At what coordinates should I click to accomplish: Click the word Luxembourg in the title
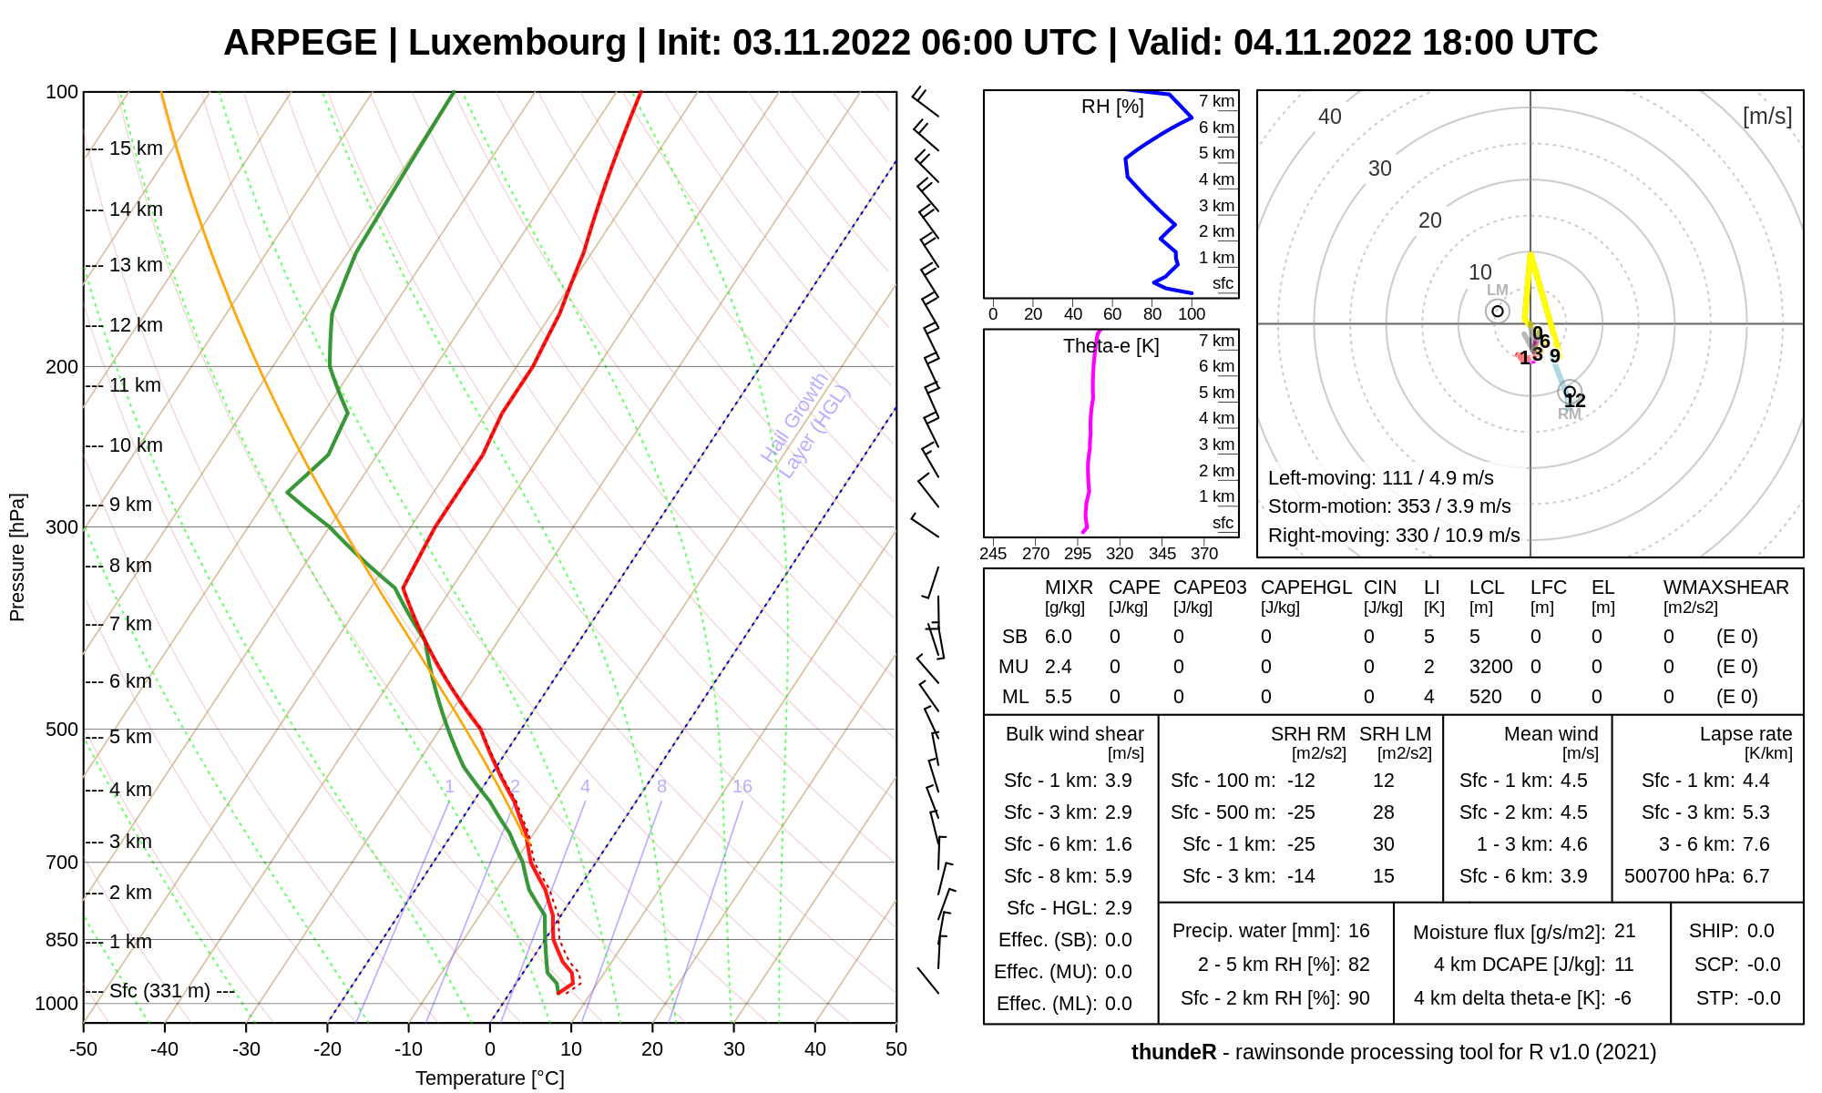click(517, 43)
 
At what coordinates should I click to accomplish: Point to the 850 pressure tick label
click(62, 940)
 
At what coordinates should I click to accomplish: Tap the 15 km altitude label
click(136, 148)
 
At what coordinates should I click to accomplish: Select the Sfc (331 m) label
click(159, 991)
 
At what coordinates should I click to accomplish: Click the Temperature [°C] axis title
click(490, 1078)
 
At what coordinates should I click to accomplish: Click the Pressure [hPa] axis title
click(17, 557)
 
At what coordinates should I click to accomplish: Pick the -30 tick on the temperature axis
click(246, 1049)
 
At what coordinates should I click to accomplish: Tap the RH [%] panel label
click(1112, 107)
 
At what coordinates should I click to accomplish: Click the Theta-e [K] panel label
click(1111, 346)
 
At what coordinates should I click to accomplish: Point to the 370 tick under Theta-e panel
click(1204, 553)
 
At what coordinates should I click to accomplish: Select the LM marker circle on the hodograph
click(1498, 312)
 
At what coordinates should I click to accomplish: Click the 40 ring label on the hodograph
click(1330, 117)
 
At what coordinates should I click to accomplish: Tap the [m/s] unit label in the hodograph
click(1766, 117)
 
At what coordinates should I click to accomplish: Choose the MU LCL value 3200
click(1490, 667)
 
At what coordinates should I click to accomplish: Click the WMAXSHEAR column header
click(1725, 587)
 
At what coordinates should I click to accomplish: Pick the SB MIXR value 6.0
click(1058, 637)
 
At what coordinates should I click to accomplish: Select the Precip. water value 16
click(1358, 931)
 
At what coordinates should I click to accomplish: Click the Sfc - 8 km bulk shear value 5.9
click(1118, 876)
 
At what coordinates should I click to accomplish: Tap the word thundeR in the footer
click(1173, 1052)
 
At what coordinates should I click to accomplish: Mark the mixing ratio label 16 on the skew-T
click(742, 786)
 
